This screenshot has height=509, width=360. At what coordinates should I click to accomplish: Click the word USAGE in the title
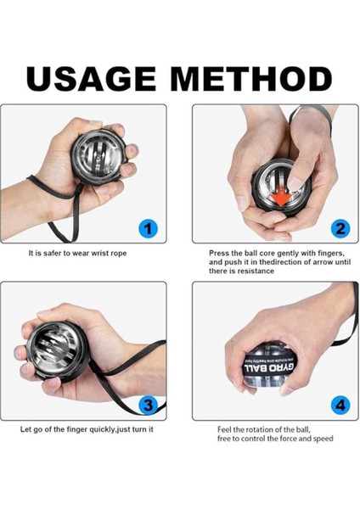[92, 78]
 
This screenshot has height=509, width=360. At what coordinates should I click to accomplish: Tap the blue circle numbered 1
[148, 227]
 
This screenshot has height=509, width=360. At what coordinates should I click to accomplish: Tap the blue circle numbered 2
[340, 227]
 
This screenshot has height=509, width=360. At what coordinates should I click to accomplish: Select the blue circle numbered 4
[340, 404]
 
